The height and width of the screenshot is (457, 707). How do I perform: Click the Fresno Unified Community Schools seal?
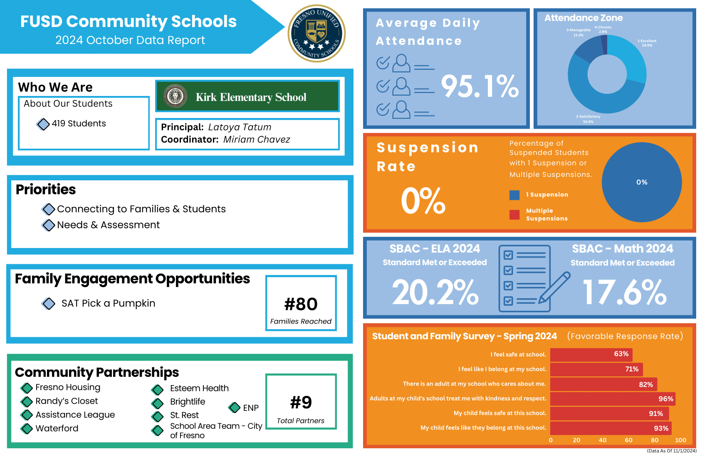pyautogui.click(x=317, y=33)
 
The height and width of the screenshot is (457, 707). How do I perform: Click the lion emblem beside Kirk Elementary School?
pyautogui.click(x=175, y=96)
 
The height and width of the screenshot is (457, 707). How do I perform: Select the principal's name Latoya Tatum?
pyautogui.click(x=240, y=127)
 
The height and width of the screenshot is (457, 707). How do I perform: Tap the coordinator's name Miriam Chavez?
pyautogui.click(x=257, y=140)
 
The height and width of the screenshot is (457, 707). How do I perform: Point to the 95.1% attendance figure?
pyautogui.click(x=480, y=86)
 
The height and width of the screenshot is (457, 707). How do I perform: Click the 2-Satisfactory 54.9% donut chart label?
pyautogui.click(x=588, y=119)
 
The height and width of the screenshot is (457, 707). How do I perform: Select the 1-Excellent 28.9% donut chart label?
pyautogui.click(x=647, y=43)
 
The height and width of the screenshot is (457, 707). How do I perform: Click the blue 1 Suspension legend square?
pyautogui.click(x=514, y=195)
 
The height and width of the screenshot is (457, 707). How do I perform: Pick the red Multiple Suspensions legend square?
pyautogui.click(x=514, y=214)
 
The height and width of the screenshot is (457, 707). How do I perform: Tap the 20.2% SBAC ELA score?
pyautogui.click(x=435, y=292)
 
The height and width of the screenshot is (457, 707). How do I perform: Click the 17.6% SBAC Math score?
pyautogui.click(x=625, y=292)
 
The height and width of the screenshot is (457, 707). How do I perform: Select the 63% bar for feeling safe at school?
pyautogui.click(x=591, y=354)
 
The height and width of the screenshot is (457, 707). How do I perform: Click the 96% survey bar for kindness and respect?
pyautogui.click(x=612, y=399)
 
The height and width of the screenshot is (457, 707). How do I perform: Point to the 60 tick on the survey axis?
pyautogui.click(x=628, y=440)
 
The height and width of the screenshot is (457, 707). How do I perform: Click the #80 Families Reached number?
pyautogui.click(x=301, y=304)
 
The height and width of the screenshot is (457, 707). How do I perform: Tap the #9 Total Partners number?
pyautogui.click(x=301, y=402)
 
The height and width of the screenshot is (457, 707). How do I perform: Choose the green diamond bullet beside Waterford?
pyautogui.click(x=27, y=428)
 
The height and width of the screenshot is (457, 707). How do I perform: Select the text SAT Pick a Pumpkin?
pyautogui.click(x=108, y=303)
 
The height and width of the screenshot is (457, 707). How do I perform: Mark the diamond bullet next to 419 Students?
pyautogui.click(x=43, y=124)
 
